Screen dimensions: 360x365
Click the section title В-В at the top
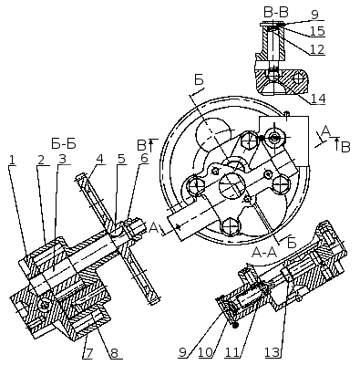(x=275, y=13)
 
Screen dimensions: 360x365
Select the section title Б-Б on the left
(x=64, y=143)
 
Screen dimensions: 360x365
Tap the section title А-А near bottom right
(x=264, y=252)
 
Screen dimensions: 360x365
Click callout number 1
(x=12, y=160)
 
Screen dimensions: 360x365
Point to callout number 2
(x=41, y=160)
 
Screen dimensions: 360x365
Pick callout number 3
(x=62, y=159)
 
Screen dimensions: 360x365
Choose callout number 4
(x=99, y=159)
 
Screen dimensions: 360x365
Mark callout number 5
(x=121, y=159)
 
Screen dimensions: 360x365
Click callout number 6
(x=144, y=159)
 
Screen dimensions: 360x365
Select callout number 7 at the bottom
(x=89, y=353)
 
